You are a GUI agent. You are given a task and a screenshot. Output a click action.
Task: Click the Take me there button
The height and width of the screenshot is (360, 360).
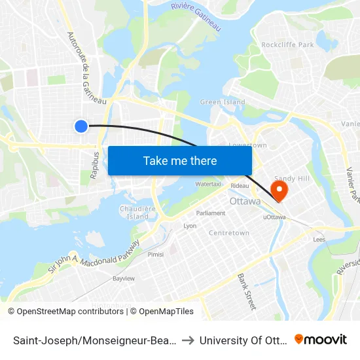(180, 160)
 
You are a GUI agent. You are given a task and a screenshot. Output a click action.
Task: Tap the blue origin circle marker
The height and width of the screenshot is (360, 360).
(81, 126)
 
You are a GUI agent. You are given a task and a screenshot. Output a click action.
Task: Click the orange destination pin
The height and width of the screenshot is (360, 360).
(279, 190)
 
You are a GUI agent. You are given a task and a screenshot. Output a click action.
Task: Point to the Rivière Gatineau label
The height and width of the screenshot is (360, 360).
(196, 16)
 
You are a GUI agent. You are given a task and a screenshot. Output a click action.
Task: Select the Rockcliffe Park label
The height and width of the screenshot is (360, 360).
(287, 45)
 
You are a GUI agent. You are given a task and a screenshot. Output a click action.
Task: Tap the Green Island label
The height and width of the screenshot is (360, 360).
(223, 102)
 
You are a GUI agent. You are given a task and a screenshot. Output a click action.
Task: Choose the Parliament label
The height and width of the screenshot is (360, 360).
(211, 213)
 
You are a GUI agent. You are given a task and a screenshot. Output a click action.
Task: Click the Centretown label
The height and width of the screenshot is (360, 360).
(228, 233)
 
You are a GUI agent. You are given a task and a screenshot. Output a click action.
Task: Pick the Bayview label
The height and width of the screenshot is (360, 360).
(123, 279)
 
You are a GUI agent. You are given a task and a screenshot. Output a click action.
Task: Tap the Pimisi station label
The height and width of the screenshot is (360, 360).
(156, 254)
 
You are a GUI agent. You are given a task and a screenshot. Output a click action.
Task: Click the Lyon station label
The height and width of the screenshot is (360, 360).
(190, 226)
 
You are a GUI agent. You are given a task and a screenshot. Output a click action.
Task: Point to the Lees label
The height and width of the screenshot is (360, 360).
(319, 240)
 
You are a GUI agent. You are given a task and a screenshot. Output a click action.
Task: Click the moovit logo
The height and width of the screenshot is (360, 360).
(321, 339)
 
